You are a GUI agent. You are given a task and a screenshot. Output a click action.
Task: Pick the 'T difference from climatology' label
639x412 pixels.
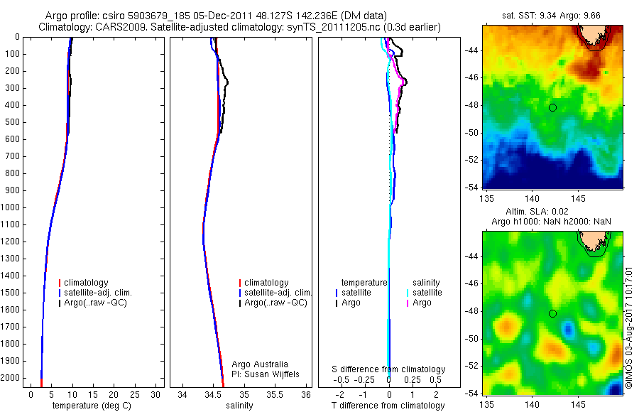pyautogui.click(x=388, y=406)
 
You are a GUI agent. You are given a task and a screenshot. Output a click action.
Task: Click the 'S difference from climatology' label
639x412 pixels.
pyautogui.click(x=388, y=369)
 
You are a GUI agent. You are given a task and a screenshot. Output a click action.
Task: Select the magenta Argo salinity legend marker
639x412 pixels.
pyautogui.click(x=407, y=303)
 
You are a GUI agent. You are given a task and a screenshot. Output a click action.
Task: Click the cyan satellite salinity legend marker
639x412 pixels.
pyautogui.click(x=407, y=293)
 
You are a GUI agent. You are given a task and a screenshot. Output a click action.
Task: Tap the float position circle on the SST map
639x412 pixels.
pyautogui.click(x=552, y=107)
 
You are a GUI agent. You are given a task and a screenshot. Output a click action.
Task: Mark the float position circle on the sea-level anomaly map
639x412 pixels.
pyautogui.click(x=552, y=313)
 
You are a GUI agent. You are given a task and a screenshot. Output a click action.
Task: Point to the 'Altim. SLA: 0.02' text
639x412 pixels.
pyautogui.click(x=552, y=212)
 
